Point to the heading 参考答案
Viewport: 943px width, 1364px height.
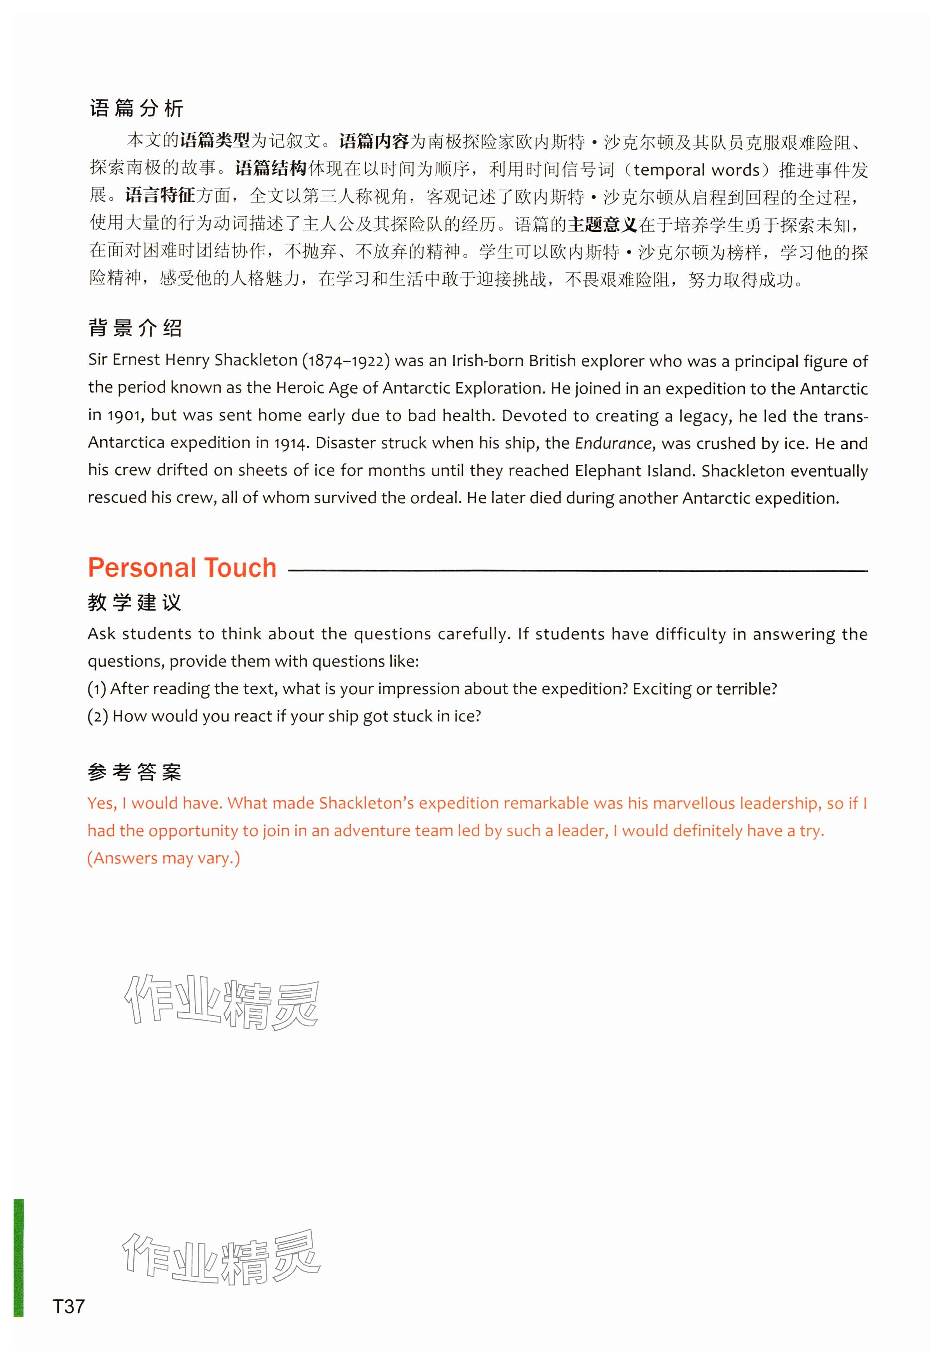(x=134, y=772)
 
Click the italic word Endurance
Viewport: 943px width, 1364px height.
(x=613, y=443)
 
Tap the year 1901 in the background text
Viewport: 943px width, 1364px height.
(x=124, y=416)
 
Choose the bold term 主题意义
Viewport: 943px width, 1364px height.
(x=602, y=225)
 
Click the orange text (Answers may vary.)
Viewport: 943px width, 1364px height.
(x=164, y=858)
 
